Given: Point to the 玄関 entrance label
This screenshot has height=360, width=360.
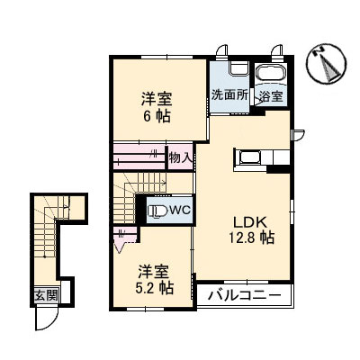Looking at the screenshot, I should click(x=45, y=294).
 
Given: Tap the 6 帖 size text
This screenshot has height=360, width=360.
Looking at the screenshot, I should click(x=156, y=115).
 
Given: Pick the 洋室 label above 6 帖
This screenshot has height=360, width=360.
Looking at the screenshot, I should click(x=156, y=98).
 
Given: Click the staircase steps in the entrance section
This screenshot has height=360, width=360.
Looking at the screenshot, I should click(x=42, y=243).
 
